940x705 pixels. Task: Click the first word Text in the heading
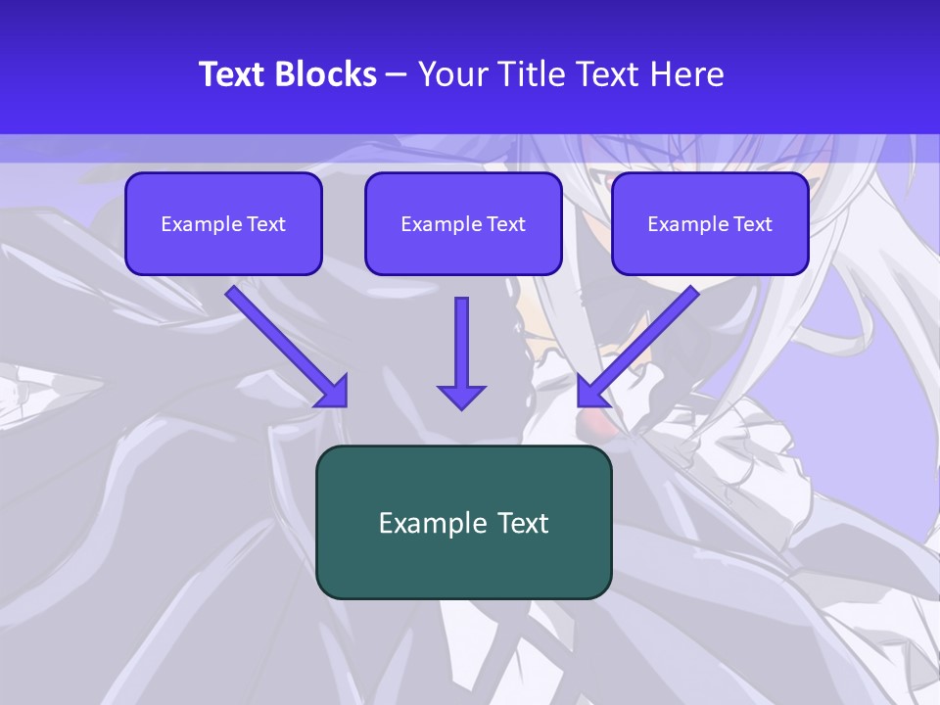(234, 74)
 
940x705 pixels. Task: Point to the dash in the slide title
(397, 74)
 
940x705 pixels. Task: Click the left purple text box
(223, 224)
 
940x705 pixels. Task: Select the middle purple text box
(463, 224)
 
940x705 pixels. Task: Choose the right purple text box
(710, 224)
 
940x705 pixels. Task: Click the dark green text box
(463, 522)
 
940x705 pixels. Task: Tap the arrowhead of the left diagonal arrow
(334, 392)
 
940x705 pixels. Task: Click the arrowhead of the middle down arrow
(461, 396)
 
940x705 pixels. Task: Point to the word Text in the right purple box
(752, 224)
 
